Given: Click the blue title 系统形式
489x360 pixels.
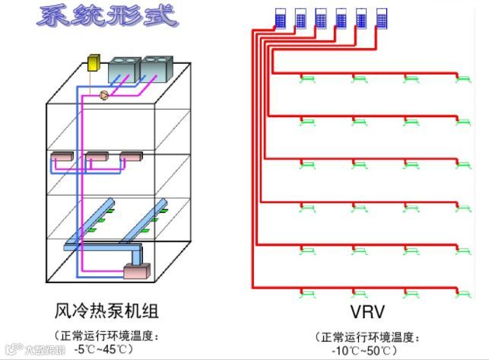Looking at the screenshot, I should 106,16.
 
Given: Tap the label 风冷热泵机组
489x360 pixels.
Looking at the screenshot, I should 106,311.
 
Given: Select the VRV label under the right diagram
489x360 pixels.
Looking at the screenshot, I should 368,312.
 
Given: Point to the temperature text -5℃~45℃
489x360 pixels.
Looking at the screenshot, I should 106,349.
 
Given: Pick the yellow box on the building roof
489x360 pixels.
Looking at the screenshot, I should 95,62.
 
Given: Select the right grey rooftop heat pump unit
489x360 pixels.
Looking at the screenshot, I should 157,69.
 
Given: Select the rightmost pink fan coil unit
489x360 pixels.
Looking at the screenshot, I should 130,158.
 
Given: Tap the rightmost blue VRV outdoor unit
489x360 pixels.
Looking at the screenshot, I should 381,18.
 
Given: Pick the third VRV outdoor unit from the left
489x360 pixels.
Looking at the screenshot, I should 320,18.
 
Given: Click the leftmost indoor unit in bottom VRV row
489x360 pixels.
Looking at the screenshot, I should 308,292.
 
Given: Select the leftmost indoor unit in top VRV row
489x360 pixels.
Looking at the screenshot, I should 308,78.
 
